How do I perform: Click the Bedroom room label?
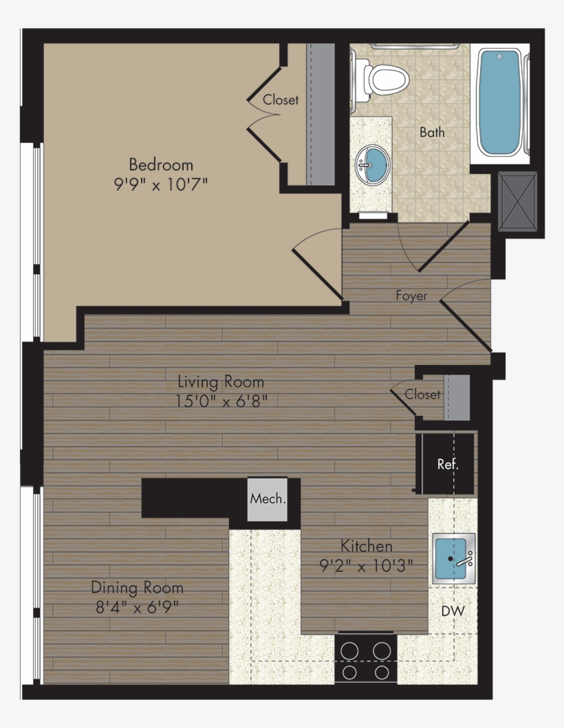coord(161,165)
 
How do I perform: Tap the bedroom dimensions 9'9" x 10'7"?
coord(162,184)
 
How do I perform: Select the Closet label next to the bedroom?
coord(281,100)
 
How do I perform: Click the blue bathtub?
coord(500,103)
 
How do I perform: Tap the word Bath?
coord(432,132)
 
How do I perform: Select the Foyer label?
coord(411,296)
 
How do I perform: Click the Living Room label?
coord(221,382)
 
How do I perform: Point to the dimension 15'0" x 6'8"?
coord(221,401)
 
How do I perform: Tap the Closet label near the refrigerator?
coord(422,395)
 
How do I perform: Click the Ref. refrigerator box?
coord(447,464)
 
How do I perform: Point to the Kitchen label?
coord(367,547)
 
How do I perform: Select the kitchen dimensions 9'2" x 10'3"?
coord(367,566)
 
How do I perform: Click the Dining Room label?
coord(138,588)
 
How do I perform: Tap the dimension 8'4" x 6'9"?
coord(138,607)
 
